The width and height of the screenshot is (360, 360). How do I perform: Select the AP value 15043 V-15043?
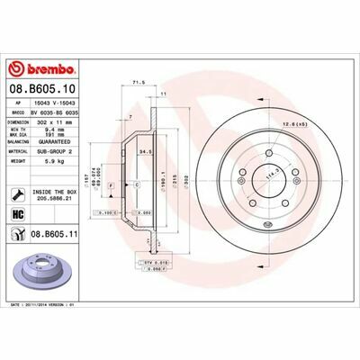coord(59,103)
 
